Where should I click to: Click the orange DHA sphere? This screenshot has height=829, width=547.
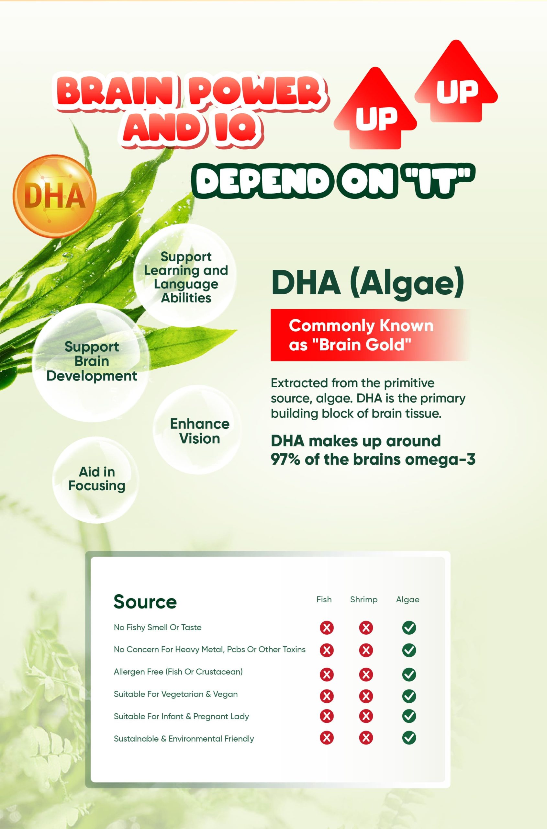pos(54,196)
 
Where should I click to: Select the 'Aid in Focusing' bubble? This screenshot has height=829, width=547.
pos(95,480)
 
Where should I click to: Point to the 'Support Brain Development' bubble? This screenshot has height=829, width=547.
pos(91,362)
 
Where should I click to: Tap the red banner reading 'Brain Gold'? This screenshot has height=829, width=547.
pos(370,335)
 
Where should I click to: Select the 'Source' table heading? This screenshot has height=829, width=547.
pos(145,602)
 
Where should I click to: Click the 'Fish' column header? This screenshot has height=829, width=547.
pos(324,599)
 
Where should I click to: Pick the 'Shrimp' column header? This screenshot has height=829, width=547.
pos(364,600)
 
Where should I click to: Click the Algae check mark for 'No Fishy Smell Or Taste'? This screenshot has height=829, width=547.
pos(409,628)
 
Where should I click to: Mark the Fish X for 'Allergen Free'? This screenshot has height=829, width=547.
pos(327,674)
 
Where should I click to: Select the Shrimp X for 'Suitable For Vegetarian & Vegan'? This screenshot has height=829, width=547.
pos(366,696)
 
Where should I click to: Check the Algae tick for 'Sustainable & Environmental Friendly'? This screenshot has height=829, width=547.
pos(409,738)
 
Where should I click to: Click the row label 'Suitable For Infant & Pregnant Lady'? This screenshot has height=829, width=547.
pos(181,717)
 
